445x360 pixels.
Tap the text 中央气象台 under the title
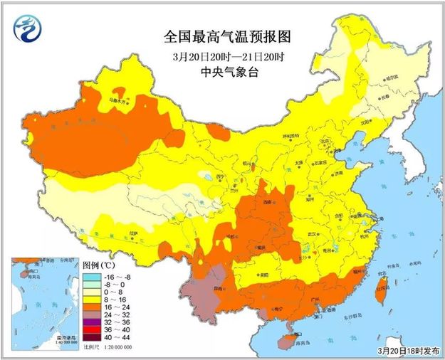(x=223, y=71)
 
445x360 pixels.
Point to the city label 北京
(x=325, y=141)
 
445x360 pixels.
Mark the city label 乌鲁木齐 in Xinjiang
(x=118, y=102)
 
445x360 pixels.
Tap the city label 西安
(x=268, y=203)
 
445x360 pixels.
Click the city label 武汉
(x=310, y=234)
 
